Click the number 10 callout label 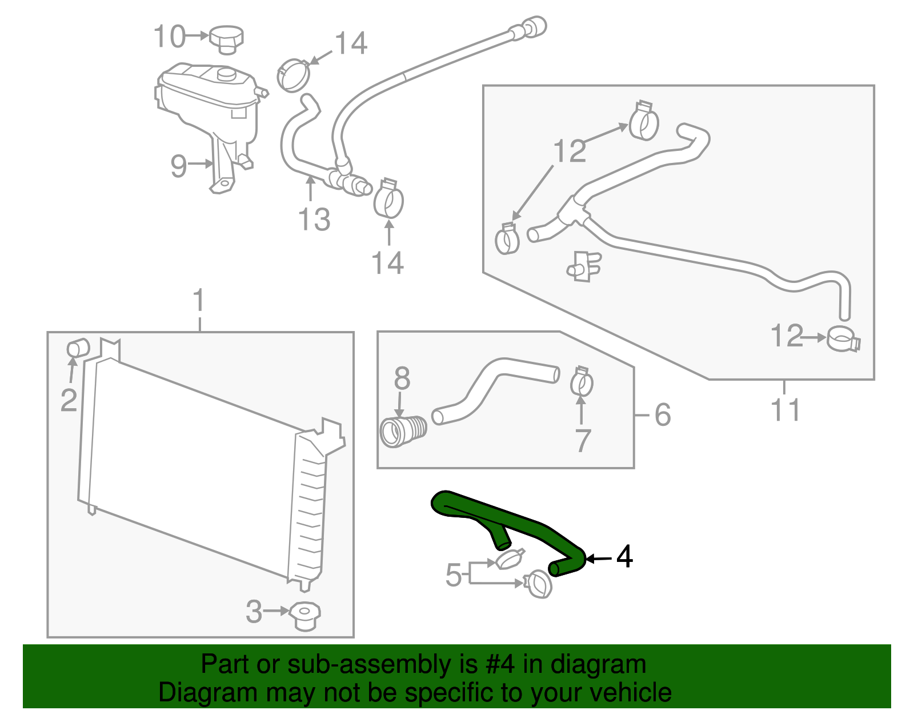coord(170,37)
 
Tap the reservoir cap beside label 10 coord(226,38)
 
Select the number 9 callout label coord(179,166)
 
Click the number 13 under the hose coord(314,220)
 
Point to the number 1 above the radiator coord(198,301)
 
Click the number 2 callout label coord(69,400)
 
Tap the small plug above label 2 coord(78,348)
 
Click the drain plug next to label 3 coord(304,616)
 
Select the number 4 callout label coord(624,557)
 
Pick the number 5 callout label coord(453,575)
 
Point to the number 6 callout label coord(662,414)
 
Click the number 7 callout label coord(582,440)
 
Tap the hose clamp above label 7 coord(582,381)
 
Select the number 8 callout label coord(402,378)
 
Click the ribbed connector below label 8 coord(403,432)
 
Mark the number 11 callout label coord(785,410)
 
